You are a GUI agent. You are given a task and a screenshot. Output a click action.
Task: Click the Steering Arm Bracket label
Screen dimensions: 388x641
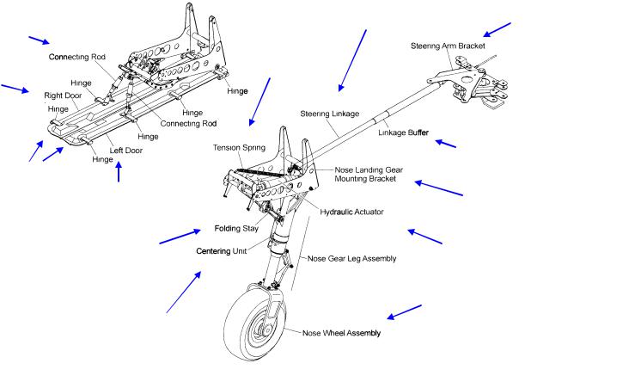click(448, 45)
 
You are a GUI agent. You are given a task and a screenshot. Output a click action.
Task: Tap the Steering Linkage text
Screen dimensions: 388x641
click(329, 114)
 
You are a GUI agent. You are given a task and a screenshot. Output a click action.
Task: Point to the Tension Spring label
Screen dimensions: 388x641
click(240, 148)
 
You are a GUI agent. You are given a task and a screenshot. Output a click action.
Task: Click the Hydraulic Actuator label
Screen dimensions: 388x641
click(351, 212)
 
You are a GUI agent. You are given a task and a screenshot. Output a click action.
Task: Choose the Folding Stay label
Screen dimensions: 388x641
click(236, 230)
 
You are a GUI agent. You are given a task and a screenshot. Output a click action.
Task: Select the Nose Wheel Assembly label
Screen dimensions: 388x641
click(341, 332)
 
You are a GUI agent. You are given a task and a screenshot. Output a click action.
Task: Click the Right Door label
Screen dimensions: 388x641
click(62, 95)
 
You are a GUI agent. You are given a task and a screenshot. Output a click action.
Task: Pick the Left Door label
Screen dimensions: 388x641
click(125, 151)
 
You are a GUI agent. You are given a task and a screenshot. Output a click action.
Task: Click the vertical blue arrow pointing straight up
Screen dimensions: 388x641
click(119, 172)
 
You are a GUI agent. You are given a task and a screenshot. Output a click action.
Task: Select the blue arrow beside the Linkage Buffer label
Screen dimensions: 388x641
click(445, 143)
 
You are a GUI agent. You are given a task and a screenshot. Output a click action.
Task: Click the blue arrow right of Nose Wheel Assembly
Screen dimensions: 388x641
click(404, 312)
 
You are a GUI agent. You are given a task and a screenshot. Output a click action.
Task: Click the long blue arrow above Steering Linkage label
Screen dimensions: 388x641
click(353, 60)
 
